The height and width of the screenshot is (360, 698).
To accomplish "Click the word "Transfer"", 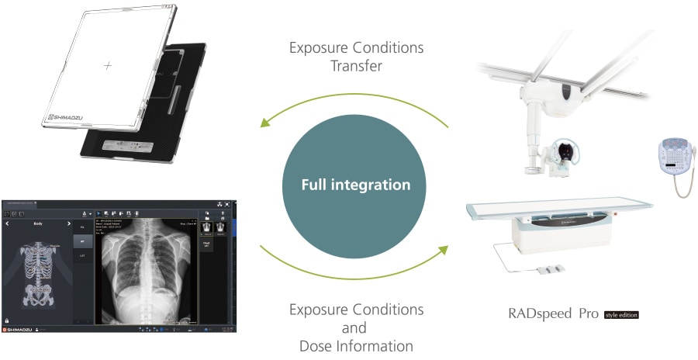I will click(356, 66).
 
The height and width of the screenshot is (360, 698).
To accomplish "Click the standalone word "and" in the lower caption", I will click(356, 327).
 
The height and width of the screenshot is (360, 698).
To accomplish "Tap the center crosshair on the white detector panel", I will click(107, 66).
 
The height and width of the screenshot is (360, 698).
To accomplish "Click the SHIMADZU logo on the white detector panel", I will click(68, 118).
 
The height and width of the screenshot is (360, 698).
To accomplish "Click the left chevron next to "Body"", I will click(8, 223).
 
